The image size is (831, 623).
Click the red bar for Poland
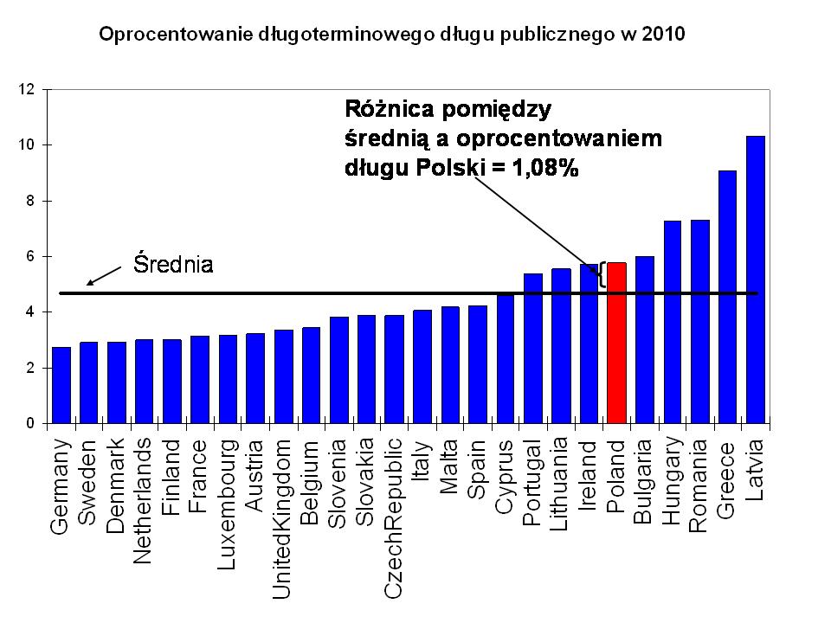[x=616, y=344]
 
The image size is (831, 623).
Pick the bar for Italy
[x=422, y=367]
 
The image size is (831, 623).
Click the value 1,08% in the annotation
[x=544, y=168]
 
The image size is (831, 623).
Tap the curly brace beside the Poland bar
[x=600, y=276]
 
